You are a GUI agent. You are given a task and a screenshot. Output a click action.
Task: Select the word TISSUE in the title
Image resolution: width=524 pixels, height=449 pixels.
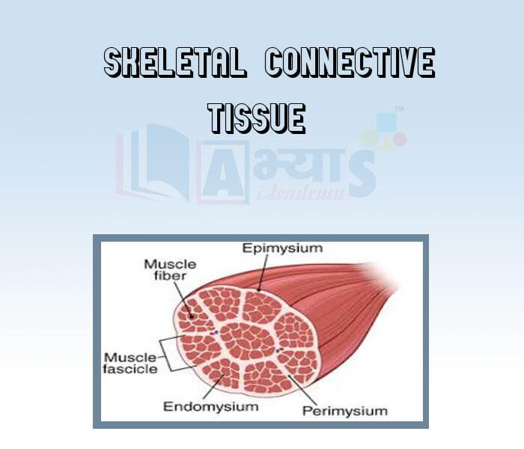(257, 118)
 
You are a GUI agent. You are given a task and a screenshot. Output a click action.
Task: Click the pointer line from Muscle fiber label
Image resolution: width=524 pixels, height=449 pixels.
(183, 296)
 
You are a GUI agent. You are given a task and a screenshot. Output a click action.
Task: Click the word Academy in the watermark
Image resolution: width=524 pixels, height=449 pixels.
(299, 193)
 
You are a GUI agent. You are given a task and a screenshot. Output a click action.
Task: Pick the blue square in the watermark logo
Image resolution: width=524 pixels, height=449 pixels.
(386, 122)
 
